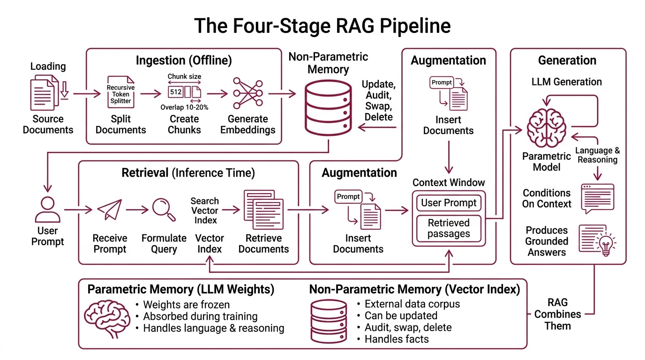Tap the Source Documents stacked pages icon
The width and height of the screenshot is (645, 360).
45,94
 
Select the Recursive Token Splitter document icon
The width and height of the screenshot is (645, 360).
120,93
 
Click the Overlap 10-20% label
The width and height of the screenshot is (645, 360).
184,107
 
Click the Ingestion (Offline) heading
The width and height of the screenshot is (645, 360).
184,61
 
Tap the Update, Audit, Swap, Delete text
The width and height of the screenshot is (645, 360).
379,101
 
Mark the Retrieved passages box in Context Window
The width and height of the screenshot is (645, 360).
449,228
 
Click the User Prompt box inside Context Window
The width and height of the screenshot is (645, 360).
449,203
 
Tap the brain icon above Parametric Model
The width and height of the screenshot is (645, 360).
547,127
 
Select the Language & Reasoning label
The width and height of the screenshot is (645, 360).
597,155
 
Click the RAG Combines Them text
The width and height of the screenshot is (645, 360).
557,314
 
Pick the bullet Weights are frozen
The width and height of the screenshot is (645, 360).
186,305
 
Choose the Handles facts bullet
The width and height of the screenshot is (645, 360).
397,339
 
